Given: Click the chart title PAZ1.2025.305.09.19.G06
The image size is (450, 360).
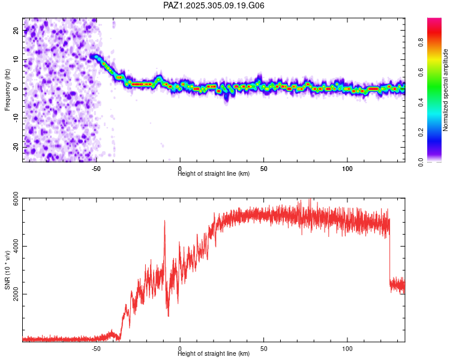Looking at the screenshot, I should click(x=214, y=5).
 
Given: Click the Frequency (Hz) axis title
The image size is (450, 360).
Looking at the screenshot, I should click(x=8, y=89).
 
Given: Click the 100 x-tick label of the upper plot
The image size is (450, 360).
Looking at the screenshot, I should click(x=347, y=169).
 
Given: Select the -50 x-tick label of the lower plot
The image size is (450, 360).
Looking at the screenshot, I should click(x=96, y=349).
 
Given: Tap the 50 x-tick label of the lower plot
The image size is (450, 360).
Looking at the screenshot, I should click(x=263, y=349).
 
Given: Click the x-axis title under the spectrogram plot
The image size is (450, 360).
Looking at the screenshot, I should click(x=214, y=174).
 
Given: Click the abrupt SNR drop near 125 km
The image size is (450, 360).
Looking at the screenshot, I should click(x=390, y=252).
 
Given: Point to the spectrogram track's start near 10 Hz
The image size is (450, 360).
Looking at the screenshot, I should click(x=92, y=56).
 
